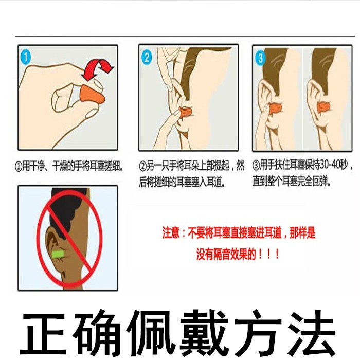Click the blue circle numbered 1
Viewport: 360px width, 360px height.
click(x=26, y=57)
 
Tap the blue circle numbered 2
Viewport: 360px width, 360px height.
click(x=147, y=58)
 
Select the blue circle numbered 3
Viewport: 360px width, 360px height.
click(x=260, y=58)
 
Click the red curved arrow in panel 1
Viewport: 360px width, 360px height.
click(x=98, y=69)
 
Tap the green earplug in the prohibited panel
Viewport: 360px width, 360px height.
click(x=58, y=254)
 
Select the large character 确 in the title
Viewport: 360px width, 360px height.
click(x=97, y=333)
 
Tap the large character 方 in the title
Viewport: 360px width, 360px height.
click(x=258, y=333)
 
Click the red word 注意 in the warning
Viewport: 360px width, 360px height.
click(x=171, y=233)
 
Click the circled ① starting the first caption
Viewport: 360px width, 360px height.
click(x=19, y=166)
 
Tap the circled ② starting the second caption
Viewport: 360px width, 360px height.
click(x=142, y=166)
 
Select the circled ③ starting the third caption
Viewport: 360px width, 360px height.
click(x=256, y=165)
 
